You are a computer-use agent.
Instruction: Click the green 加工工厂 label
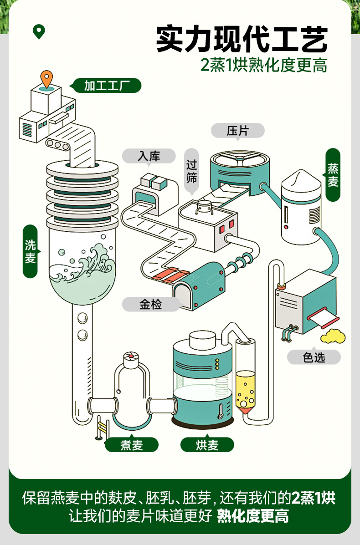[x=106, y=86]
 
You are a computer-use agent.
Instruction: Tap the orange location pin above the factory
[x=46, y=79]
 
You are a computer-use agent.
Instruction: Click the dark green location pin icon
[x=39, y=31]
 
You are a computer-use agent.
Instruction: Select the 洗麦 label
[x=31, y=251]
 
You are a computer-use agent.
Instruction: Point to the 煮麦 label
[x=132, y=444]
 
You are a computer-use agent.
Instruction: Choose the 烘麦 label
[x=207, y=444]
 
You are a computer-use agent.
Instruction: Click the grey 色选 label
[x=314, y=357]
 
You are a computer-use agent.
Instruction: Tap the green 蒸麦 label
[x=333, y=175]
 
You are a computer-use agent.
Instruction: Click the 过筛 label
[x=192, y=171]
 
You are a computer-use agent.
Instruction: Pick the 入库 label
[x=149, y=156]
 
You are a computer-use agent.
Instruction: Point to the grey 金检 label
[x=151, y=305]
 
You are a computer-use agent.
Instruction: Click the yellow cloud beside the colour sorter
[x=333, y=336]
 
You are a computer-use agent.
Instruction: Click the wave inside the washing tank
[x=83, y=264]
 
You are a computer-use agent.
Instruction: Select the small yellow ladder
[x=102, y=427]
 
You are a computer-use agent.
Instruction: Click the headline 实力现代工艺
[x=242, y=39]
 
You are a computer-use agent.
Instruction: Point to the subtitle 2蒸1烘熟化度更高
[x=264, y=65]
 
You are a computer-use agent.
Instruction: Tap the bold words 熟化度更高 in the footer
[x=253, y=516]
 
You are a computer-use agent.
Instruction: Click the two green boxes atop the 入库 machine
[x=154, y=181]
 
